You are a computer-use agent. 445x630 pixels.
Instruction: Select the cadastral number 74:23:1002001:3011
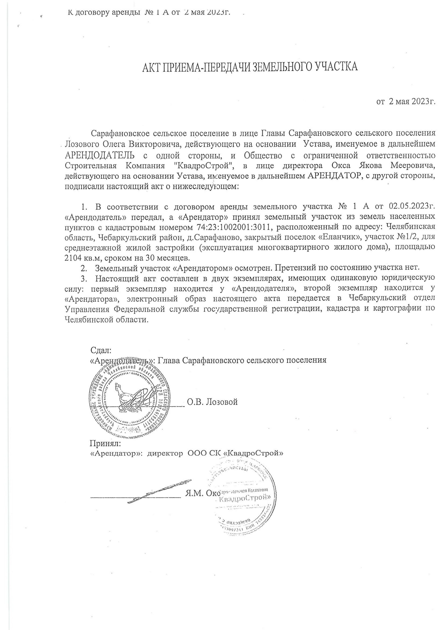pos(235,227)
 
